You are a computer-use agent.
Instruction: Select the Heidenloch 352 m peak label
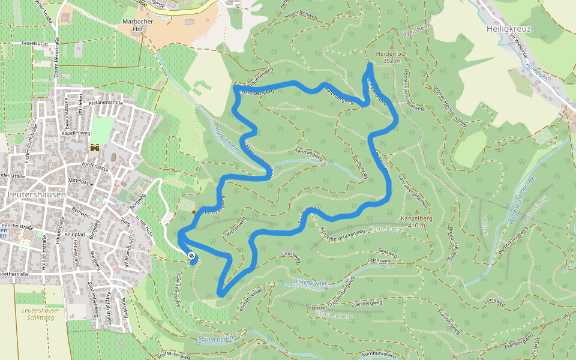[x=391, y=57]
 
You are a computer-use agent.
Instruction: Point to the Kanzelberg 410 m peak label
[x=417, y=222]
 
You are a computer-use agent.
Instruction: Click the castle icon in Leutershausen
[x=94, y=147]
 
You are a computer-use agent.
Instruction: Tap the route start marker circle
[x=191, y=257]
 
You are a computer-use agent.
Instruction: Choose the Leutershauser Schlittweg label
[x=41, y=314]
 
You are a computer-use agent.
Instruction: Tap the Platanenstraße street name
[x=106, y=103]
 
